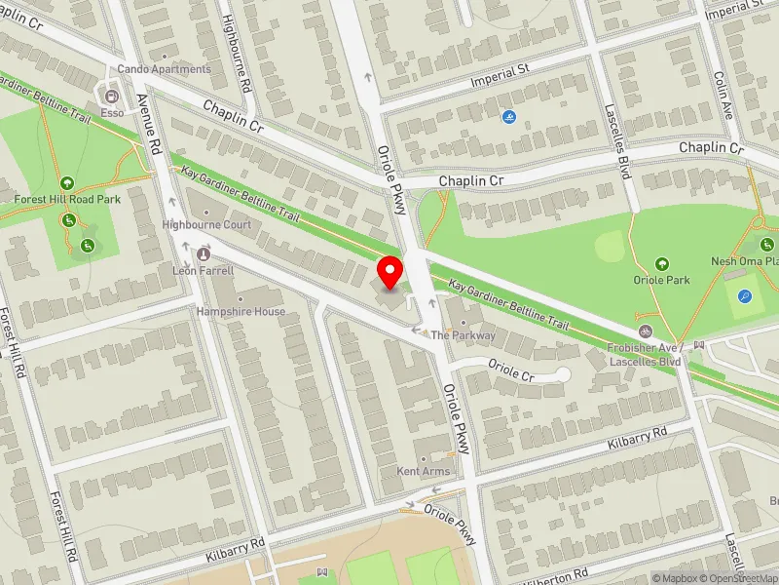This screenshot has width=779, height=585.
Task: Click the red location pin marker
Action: click(391, 272)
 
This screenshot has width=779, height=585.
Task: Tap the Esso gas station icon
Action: click(111, 97)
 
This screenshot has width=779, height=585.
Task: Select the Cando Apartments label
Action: click(164, 69)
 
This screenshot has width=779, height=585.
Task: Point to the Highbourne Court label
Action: click(206, 224)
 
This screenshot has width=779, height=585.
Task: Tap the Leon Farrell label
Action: click(204, 270)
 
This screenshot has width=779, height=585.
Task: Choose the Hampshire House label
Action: click(241, 312)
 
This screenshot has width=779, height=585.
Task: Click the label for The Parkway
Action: click(464, 335)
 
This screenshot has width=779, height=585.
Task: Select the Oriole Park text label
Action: click(662, 280)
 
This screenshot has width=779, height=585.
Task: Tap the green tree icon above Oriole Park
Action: click(662, 263)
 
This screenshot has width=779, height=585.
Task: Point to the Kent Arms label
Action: click(424, 472)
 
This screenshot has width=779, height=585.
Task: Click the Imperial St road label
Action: click(500, 76)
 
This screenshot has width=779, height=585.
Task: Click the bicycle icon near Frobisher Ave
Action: click(644, 331)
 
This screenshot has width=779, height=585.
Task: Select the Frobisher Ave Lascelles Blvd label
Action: click(644, 354)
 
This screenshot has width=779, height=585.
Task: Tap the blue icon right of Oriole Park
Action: click(746, 296)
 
